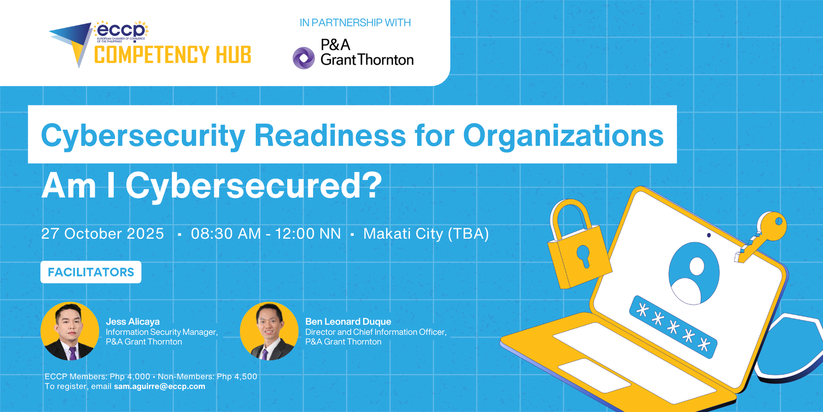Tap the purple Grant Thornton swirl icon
point(303,58)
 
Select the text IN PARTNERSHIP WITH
point(355,23)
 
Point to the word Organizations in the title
point(563,136)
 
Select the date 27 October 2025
point(102,234)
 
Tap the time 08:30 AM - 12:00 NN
point(266,234)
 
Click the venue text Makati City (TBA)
point(426,234)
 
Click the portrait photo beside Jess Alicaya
point(69,331)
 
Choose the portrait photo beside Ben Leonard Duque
point(269,331)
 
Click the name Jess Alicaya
point(132,321)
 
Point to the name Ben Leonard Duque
point(348,321)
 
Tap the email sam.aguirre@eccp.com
point(159,386)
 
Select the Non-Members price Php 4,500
point(237,376)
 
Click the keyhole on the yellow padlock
point(584,256)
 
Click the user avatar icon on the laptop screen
point(694,273)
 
